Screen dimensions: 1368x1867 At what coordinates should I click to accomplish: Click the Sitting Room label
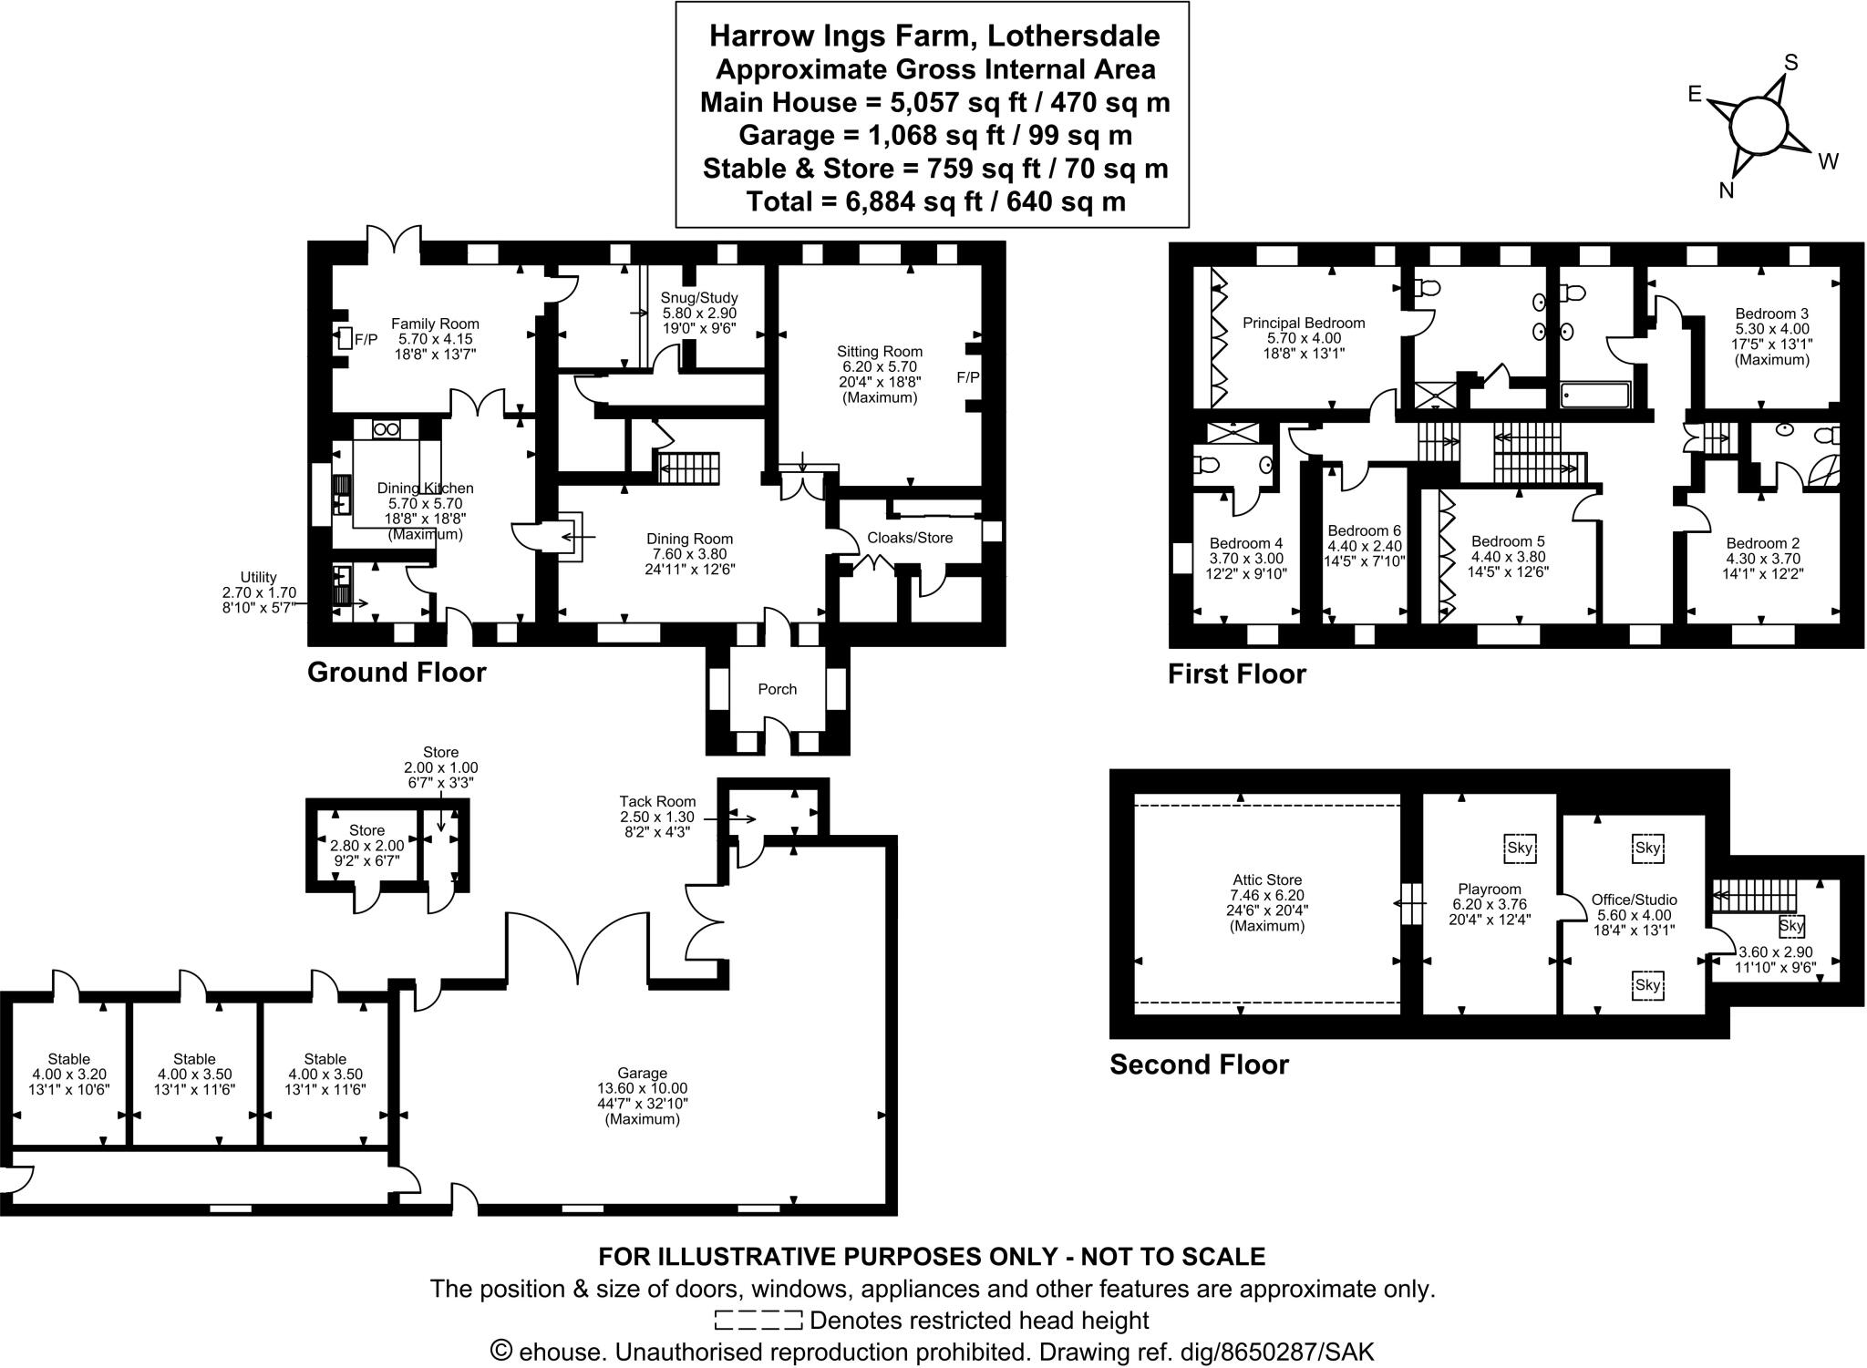(879, 351)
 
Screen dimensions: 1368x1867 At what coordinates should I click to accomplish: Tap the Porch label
(777, 689)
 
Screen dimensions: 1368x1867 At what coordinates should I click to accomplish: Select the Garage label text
(642, 1073)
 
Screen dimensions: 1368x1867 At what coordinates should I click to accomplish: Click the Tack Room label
(657, 801)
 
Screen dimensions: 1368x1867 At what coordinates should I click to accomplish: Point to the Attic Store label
(1267, 880)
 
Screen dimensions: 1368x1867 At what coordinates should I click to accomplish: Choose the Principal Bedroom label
(1304, 323)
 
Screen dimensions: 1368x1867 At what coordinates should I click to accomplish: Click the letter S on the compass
(1790, 63)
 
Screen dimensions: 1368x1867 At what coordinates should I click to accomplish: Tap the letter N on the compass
(1726, 190)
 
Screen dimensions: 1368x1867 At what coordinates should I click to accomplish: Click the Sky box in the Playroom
(1520, 848)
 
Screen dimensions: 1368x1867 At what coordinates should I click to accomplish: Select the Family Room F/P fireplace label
(366, 340)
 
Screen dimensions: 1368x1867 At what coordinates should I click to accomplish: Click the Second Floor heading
(1199, 1065)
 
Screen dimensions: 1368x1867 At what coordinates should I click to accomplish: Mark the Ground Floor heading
(397, 672)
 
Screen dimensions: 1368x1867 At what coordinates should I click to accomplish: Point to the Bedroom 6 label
(1364, 530)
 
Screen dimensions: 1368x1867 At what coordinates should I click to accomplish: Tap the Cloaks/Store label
(909, 538)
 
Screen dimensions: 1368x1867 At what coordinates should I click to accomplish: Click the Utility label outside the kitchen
(258, 577)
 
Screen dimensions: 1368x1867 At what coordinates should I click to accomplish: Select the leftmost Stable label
(68, 1059)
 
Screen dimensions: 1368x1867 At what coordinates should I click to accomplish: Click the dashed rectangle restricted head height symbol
(758, 1320)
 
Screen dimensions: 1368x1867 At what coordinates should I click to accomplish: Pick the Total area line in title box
(935, 201)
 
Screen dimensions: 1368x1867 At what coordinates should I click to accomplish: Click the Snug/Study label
(698, 298)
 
